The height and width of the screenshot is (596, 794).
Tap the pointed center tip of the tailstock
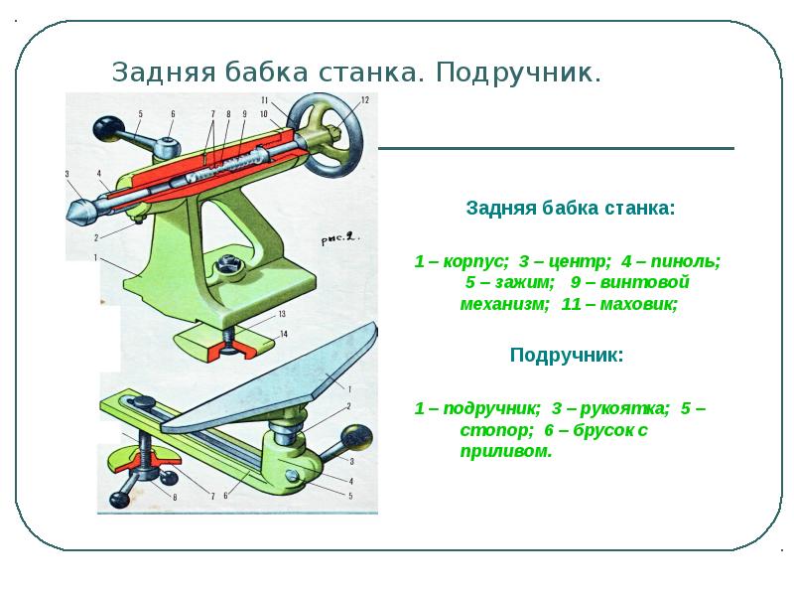tap(74, 213)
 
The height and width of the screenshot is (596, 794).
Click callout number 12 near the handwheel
tap(364, 99)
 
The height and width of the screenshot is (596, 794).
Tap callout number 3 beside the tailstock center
tap(67, 175)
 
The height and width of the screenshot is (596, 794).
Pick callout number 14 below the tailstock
tap(283, 334)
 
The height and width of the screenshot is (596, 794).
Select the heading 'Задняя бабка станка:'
tap(571, 210)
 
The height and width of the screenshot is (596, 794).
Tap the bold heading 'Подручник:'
tap(567, 355)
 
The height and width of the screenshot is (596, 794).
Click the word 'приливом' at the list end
tap(506, 451)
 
